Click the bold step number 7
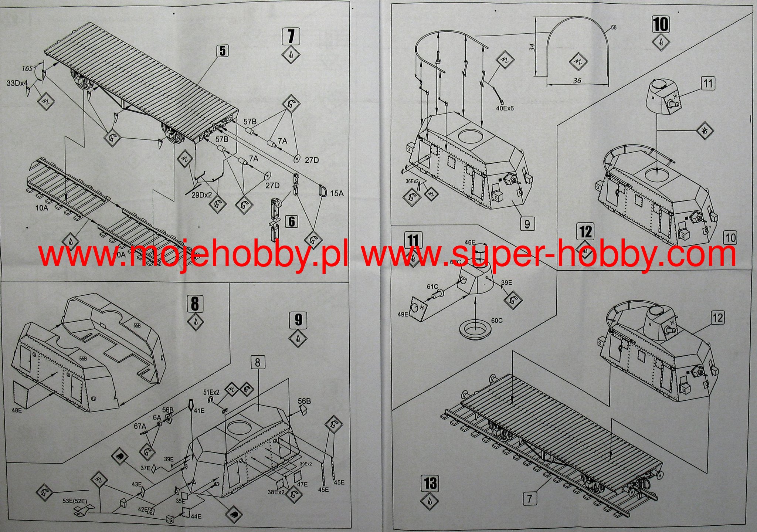(x=291, y=36)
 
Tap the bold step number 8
(x=195, y=304)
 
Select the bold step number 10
(x=661, y=24)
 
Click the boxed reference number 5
(x=222, y=51)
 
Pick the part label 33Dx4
(x=17, y=83)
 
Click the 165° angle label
(x=28, y=68)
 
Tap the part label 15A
(x=337, y=193)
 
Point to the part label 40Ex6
(x=505, y=108)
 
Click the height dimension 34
(x=532, y=47)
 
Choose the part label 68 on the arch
(x=614, y=27)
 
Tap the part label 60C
(x=497, y=321)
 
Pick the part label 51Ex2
(x=211, y=392)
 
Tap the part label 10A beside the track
(x=42, y=209)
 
